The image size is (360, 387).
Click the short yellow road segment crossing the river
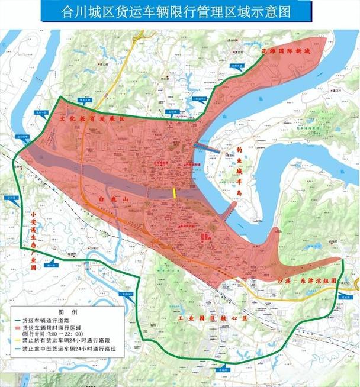(174, 193)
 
